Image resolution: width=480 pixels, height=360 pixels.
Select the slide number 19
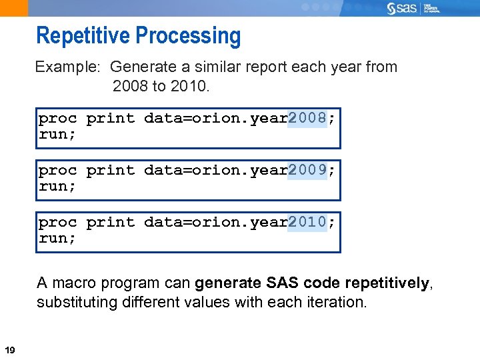coord(10,350)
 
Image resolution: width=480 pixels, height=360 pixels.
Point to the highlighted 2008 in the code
coord(307,119)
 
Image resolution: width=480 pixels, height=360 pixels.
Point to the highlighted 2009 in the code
coord(307,171)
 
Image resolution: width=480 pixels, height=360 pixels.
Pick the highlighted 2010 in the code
coord(307,223)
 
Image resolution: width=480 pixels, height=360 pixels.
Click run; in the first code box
coord(57,135)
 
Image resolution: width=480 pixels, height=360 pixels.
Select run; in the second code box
coord(57,187)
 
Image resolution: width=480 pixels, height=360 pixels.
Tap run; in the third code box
coord(57,239)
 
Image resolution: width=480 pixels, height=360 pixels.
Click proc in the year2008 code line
coord(57,119)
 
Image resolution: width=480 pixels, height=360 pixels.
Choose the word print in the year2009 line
coord(110,171)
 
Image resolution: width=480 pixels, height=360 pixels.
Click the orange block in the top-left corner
coord(14,8)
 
